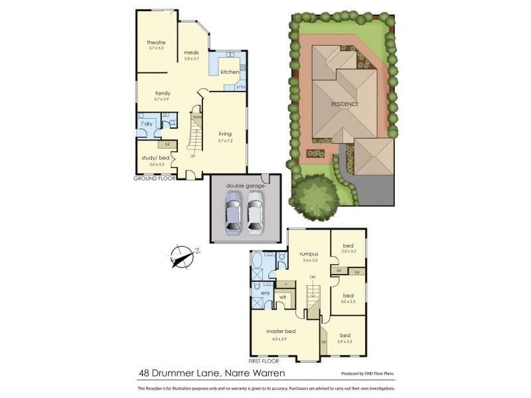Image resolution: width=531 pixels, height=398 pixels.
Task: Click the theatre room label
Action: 156,42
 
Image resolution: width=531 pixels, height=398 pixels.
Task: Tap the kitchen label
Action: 230,72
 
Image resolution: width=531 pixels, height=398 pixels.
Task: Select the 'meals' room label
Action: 192,53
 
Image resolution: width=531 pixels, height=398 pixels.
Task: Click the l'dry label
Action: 146,123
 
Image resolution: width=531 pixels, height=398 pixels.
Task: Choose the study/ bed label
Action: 153,157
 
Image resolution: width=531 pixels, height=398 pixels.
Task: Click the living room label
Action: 225,134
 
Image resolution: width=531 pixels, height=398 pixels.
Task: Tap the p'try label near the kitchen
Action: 240,86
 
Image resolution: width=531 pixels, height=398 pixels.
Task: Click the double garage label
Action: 245,186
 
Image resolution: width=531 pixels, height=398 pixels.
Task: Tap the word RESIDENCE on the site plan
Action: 345,104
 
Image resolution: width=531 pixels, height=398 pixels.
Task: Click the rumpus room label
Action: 309,253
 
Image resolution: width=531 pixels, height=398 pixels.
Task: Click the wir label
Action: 282,297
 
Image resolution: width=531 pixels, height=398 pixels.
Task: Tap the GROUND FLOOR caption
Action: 154,178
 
